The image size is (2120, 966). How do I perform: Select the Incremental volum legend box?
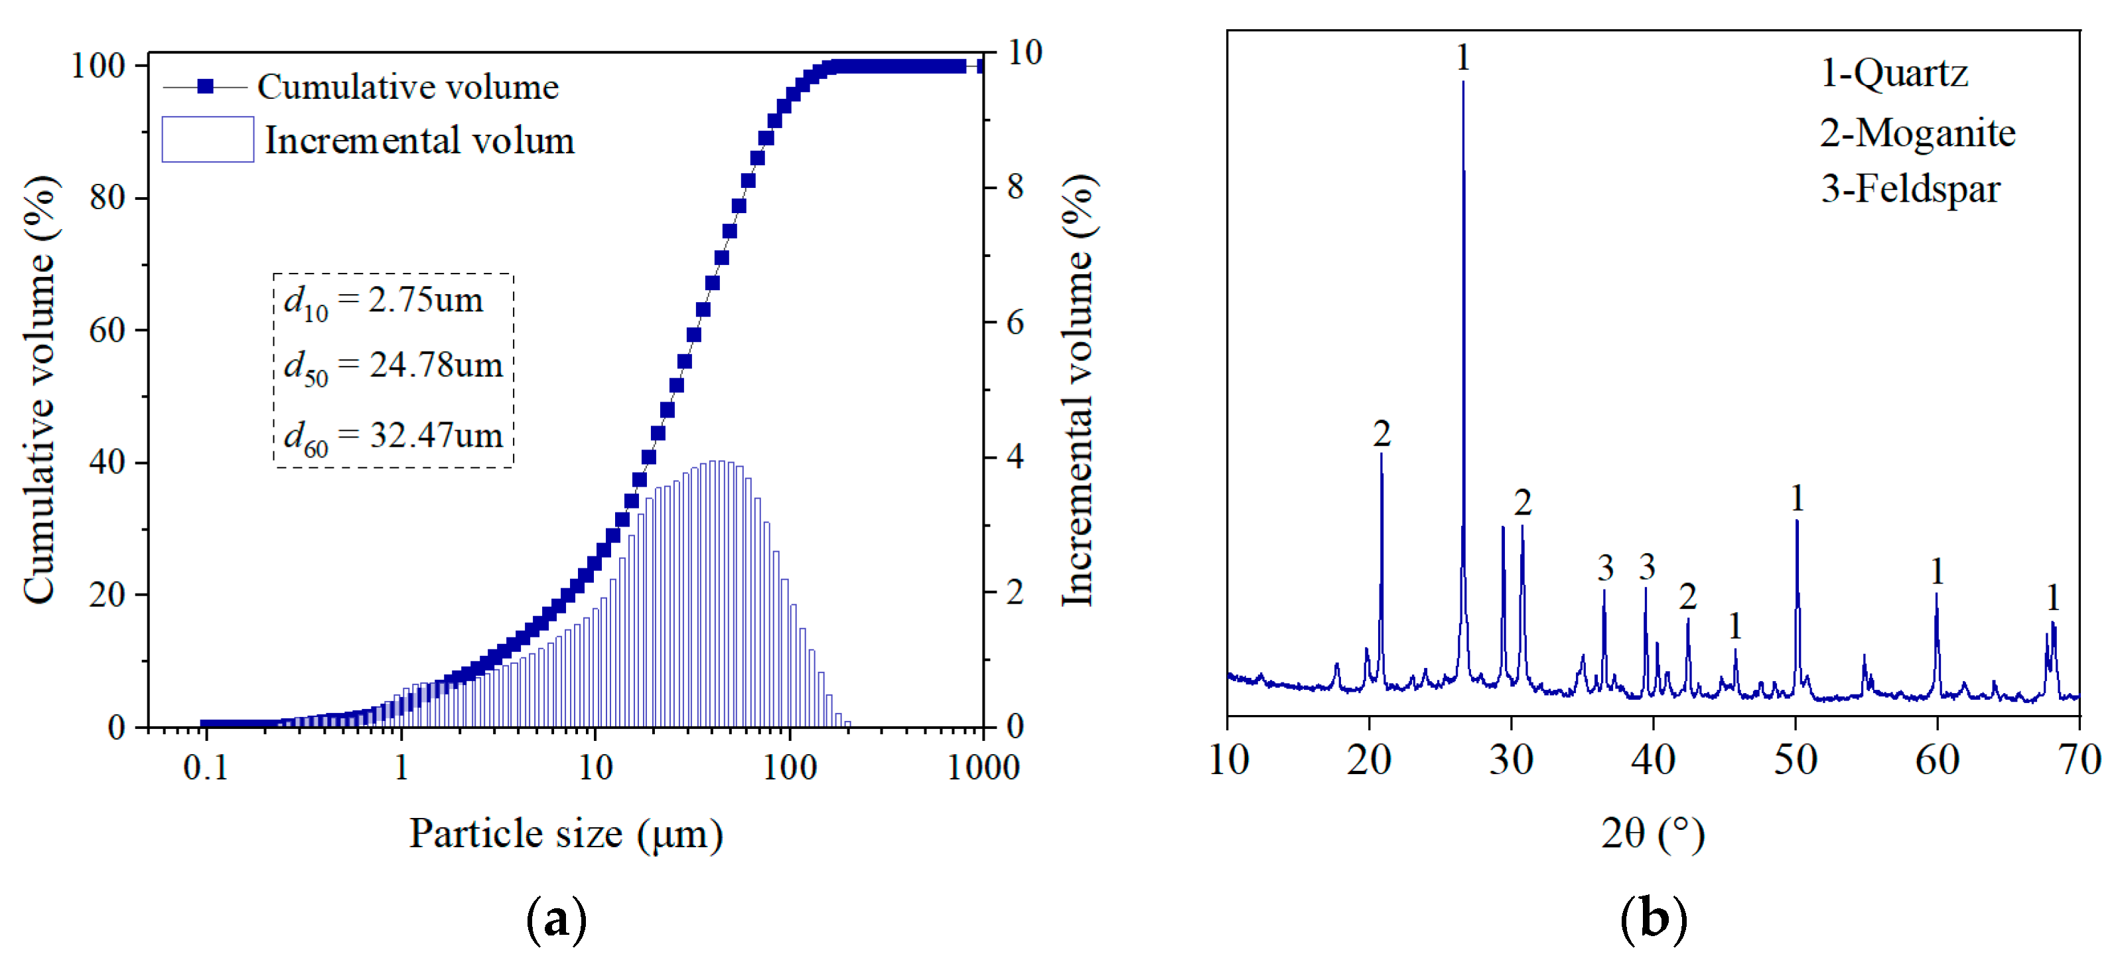[208, 139]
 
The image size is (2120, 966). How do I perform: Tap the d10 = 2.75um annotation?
[384, 301]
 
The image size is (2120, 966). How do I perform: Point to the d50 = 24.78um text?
[393, 366]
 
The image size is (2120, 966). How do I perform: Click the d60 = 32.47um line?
[393, 436]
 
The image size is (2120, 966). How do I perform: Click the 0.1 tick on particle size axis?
[205, 767]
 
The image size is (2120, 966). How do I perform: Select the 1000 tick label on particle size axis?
[983, 767]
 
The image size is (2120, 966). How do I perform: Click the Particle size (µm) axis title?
[566, 835]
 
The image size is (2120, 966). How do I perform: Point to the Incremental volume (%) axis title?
[1078, 391]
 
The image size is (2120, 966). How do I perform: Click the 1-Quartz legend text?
[1894, 73]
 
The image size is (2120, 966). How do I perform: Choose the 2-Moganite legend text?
[1918, 133]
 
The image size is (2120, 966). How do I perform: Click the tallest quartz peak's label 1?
[1462, 58]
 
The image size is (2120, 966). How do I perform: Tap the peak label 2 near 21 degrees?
[1381, 433]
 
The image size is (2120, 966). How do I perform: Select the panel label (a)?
[556, 919]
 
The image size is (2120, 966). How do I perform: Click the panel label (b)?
[1653, 919]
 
